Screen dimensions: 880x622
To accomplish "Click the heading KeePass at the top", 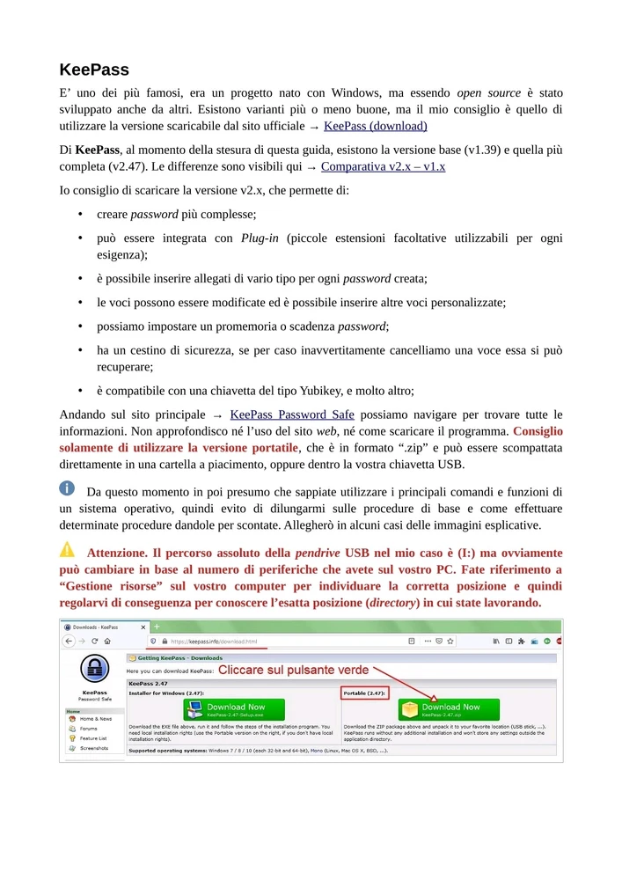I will pyautogui.click(x=94, y=70).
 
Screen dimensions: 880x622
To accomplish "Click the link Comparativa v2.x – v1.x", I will pyautogui.click(x=383, y=165).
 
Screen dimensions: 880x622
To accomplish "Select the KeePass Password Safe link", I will pyautogui.click(x=291, y=414).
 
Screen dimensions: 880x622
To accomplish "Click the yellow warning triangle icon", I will pyautogui.click(x=68, y=550).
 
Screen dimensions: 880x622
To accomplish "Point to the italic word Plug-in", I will pyautogui.click(x=261, y=238).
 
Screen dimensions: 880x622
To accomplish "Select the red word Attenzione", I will pyautogui.click(x=122, y=553).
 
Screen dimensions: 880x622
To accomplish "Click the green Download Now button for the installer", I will pyautogui.click(x=235, y=709).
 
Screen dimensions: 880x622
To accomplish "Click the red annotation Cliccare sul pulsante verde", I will pyautogui.click(x=293, y=671).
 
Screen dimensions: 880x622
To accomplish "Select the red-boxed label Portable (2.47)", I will pyautogui.click(x=364, y=693).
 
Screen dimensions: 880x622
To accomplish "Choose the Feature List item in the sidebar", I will pyautogui.click(x=92, y=738).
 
